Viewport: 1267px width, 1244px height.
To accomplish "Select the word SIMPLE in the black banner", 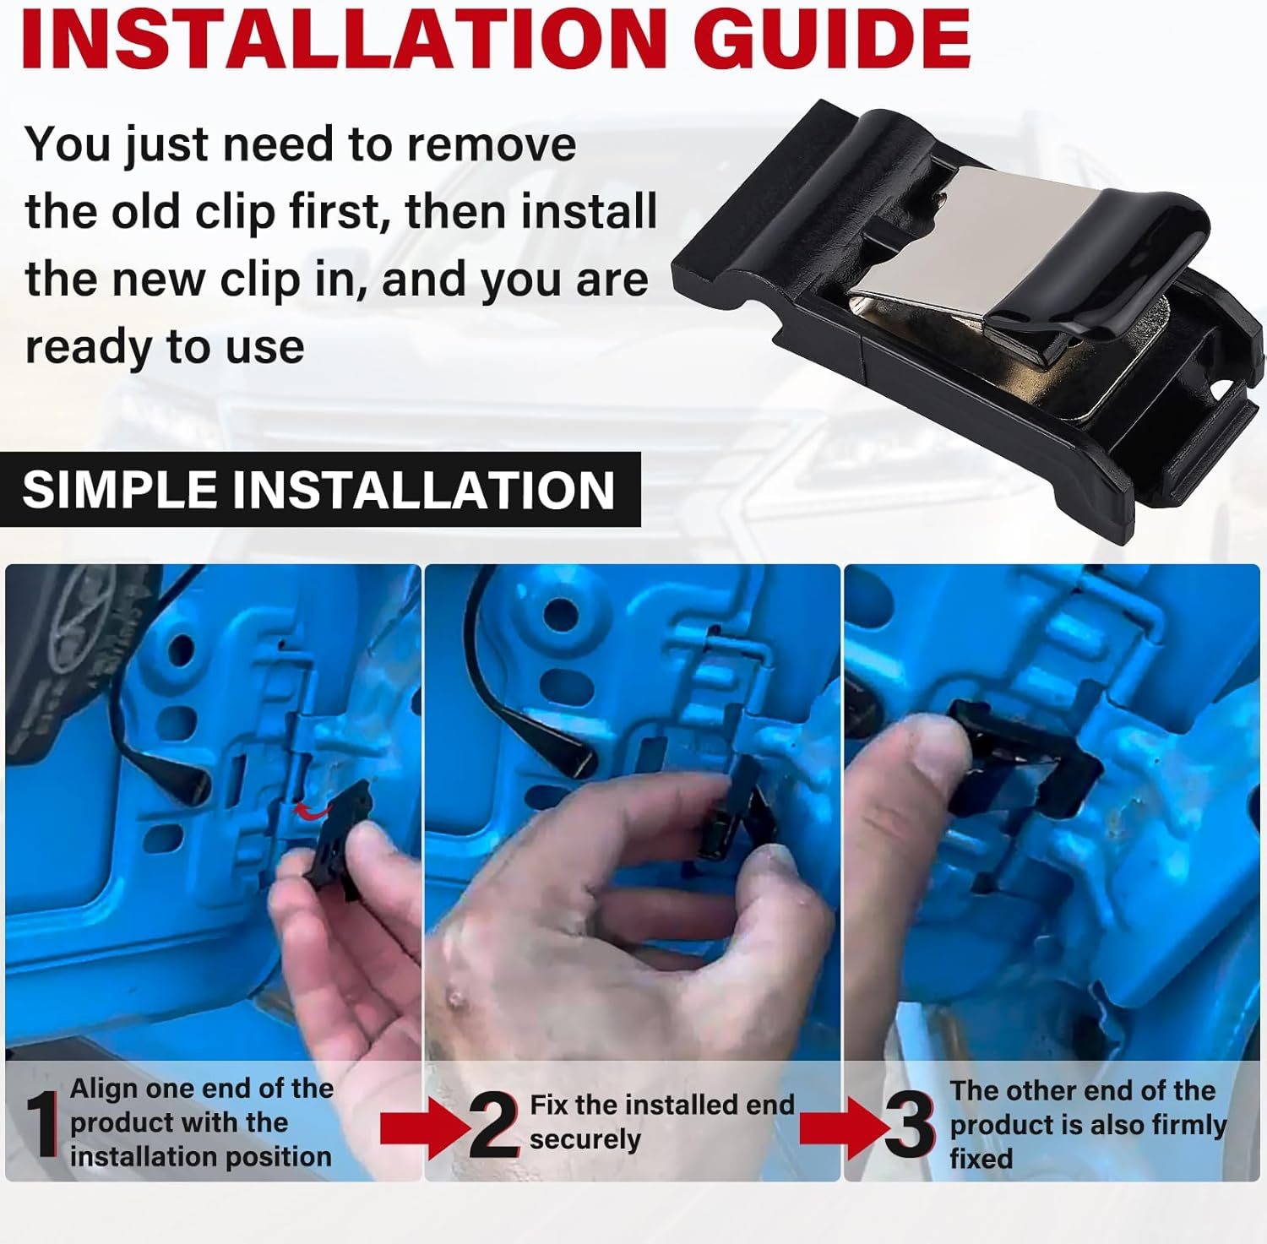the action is (119, 489).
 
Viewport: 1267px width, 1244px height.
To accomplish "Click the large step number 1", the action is (41, 1123).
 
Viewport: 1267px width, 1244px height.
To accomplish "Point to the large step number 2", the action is (494, 1124).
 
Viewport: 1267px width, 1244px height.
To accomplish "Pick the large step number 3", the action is (910, 1124).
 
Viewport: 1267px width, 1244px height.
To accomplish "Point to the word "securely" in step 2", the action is (585, 1139).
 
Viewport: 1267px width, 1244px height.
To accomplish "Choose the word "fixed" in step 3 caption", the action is (981, 1158).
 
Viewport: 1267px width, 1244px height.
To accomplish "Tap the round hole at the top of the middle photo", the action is (561, 616).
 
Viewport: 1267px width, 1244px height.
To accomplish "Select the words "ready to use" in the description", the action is (165, 346).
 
